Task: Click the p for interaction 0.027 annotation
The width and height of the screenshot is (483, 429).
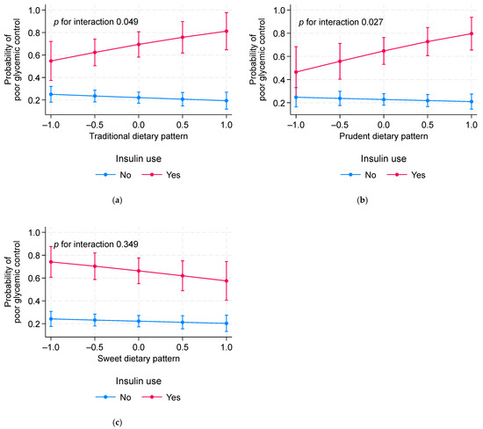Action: pyautogui.click(x=343, y=20)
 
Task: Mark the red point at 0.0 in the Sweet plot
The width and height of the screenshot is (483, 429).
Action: pyautogui.click(x=138, y=271)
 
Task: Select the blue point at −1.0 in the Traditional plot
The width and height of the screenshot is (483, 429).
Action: pyautogui.click(x=51, y=94)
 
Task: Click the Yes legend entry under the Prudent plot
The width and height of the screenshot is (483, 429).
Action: pyautogui.click(x=409, y=175)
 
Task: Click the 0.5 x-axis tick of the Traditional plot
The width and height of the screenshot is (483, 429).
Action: pyautogui.click(x=181, y=123)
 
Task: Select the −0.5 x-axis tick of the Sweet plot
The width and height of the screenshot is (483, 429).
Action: pyautogui.click(x=94, y=346)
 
